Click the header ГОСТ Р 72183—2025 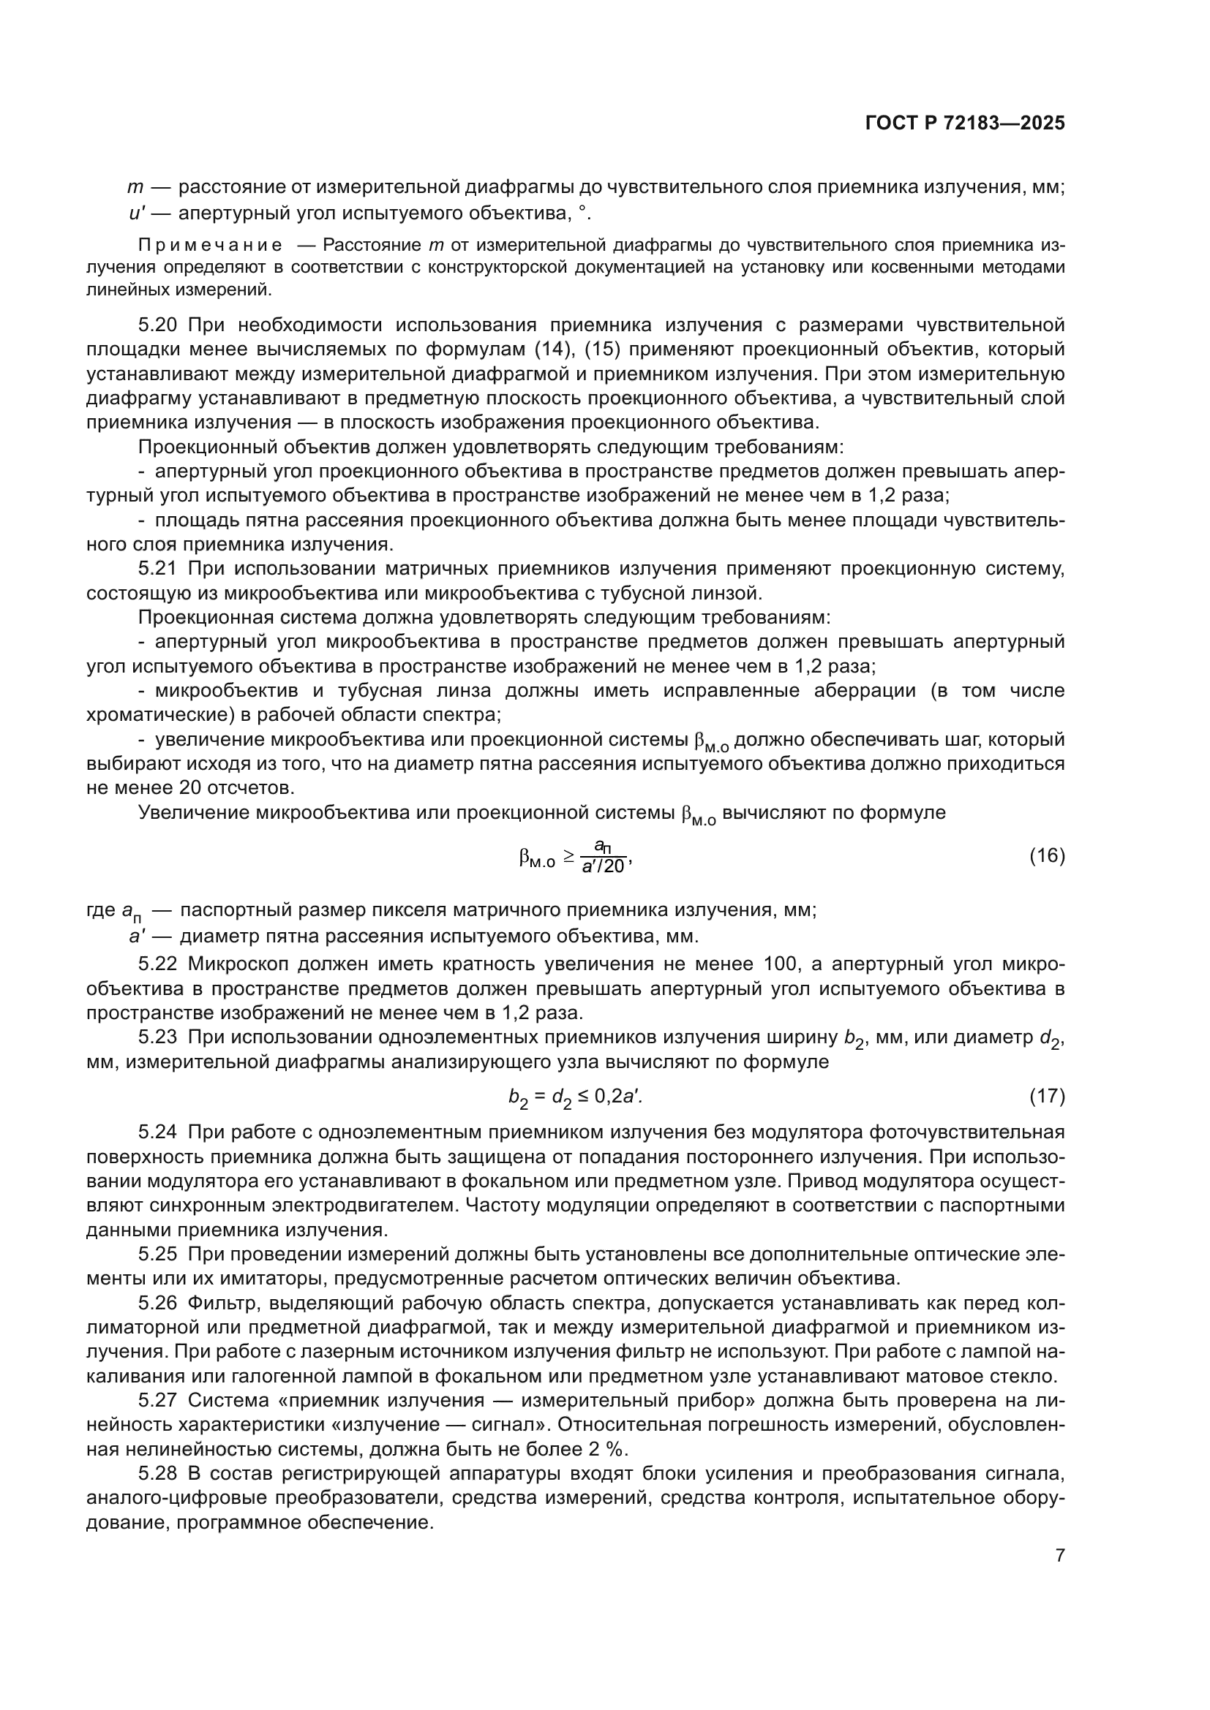pos(965,124)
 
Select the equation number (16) pos(1047,856)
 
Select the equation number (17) pos(1047,1097)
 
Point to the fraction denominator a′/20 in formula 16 pos(604,866)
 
